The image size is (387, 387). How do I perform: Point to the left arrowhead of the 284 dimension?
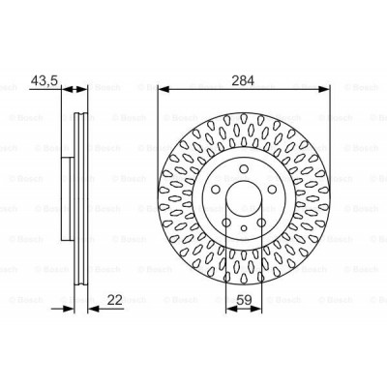click(x=161, y=91)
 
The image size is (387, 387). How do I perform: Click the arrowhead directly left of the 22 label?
click(x=92, y=310)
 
